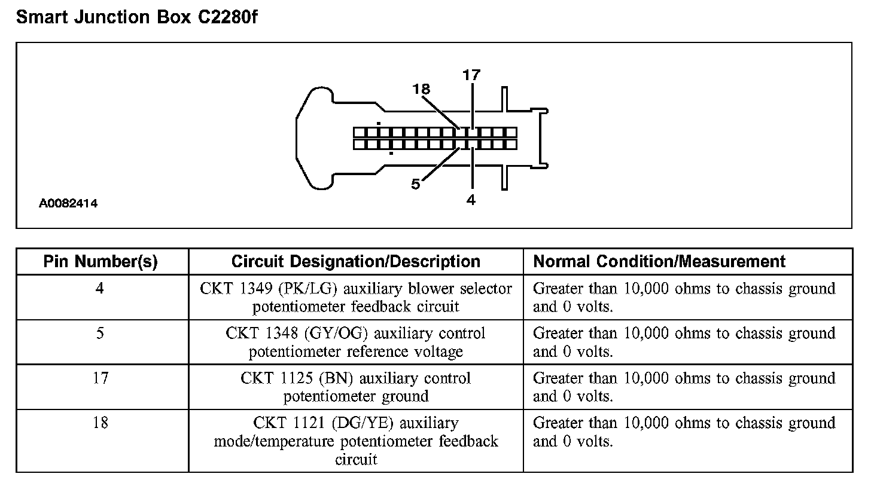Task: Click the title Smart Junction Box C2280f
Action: coord(137,18)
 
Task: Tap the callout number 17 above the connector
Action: coord(471,75)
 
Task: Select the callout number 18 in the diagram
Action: coord(421,89)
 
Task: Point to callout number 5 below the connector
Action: coord(416,184)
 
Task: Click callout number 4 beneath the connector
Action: coord(471,200)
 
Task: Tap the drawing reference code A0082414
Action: coord(69,204)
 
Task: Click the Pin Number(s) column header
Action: coord(100,261)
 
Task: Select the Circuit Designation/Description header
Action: coord(355,261)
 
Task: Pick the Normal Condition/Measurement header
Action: coord(659,261)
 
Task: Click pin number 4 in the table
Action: coord(100,289)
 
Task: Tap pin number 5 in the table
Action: coord(100,334)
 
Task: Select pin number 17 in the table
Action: coord(100,378)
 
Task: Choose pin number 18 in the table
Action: coord(100,423)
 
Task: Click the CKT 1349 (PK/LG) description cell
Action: coord(356,298)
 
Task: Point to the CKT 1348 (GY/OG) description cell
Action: coord(356,343)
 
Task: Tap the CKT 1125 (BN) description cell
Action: coord(356,387)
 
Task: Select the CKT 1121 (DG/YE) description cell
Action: coord(356,441)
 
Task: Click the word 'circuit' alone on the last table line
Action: coord(356,460)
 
